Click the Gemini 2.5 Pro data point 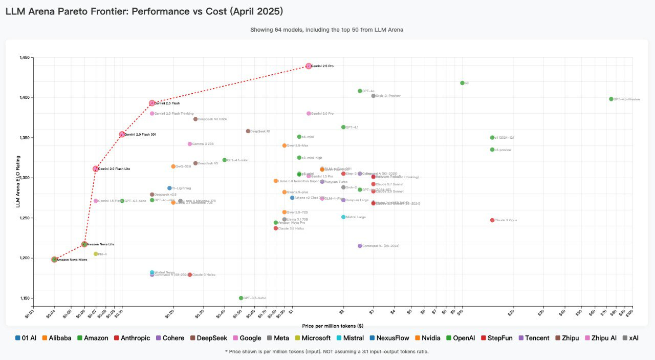(x=309, y=66)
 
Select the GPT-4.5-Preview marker (x=611, y=99)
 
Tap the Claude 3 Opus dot (x=492, y=220)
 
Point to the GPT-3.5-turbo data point (x=241, y=298)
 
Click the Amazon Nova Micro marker (x=54, y=260)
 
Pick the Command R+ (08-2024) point (x=360, y=246)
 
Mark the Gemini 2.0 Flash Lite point (x=96, y=168)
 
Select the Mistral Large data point (x=343, y=217)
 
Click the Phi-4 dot (x=96, y=254)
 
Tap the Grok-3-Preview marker (x=374, y=96)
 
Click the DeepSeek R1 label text (x=260, y=131)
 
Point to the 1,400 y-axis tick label (x=26, y=97)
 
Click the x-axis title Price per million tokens (x=333, y=326)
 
